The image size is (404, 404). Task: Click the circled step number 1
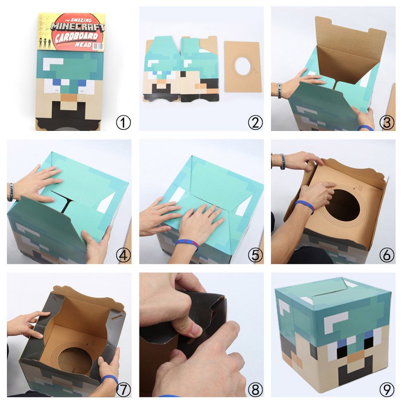tap(123, 122)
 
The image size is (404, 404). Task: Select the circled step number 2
tap(255, 122)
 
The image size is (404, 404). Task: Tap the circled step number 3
tap(386, 122)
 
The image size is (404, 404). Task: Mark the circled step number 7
tap(123, 389)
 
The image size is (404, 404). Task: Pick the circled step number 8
tap(255, 389)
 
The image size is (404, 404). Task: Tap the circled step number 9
tap(386, 389)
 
